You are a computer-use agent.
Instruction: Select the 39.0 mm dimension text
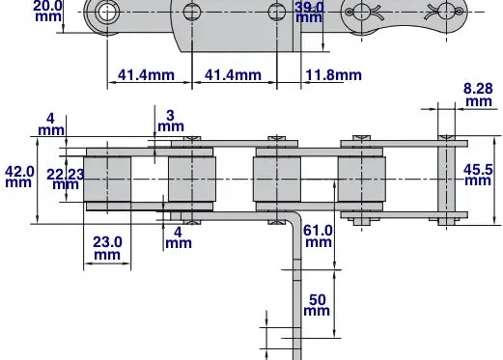pyautogui.click(x=309, y=12)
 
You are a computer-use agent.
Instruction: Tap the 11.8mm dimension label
pyautogui.click(x=333, y=75)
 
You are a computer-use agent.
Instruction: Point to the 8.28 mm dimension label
pyautogui.click(x=478, y=94)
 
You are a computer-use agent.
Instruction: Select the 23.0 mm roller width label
pyautogui.click(x=107, y=248)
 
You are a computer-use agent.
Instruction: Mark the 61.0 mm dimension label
pyautogui.click(x=318, y=236)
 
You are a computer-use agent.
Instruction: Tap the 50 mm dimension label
pyautogui.click(x=317, y=304)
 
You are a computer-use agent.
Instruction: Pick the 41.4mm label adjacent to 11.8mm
pyautogui.click(x=234, y=75)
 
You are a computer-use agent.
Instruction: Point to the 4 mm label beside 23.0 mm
pyautogui.click(x=178, y=237)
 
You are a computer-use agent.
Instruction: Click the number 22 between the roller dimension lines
pyautogui.click(x=54, y=173)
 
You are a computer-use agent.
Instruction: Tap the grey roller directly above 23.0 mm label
pyautogui.click(x=107, y=180)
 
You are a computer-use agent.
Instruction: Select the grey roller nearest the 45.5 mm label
pyautogui.click(x=361, y=180)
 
